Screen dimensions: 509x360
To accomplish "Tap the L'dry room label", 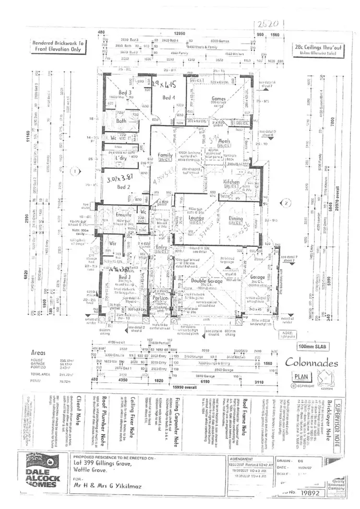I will tap(120, 158).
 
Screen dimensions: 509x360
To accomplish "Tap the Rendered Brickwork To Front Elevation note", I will tap(58, 46).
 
